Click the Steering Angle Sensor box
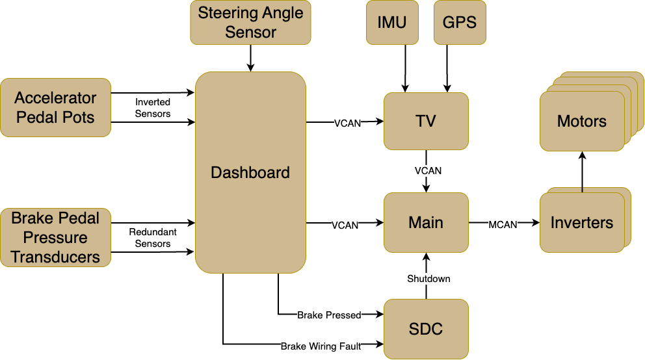pos(250,22)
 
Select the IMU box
pos(392,22)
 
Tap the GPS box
pos(460,22)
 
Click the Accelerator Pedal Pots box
pos(55,108)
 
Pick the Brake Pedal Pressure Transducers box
pos(55,238)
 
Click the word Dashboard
pos(250,173)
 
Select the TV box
pos(426,122)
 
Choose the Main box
pos(426,222)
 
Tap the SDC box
pos(426,329)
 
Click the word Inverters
pos(582,223)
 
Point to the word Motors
pos(582,122)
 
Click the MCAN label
pos(503,225)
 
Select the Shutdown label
pos(428,279)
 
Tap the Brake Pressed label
pos(329,315)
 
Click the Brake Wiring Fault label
pos(321,346)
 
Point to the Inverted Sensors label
pos(153,108)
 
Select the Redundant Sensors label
pos(153,238)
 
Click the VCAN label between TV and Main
pos(428,170)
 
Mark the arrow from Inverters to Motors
pos(582,172)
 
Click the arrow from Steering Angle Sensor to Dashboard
pos(250,58)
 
